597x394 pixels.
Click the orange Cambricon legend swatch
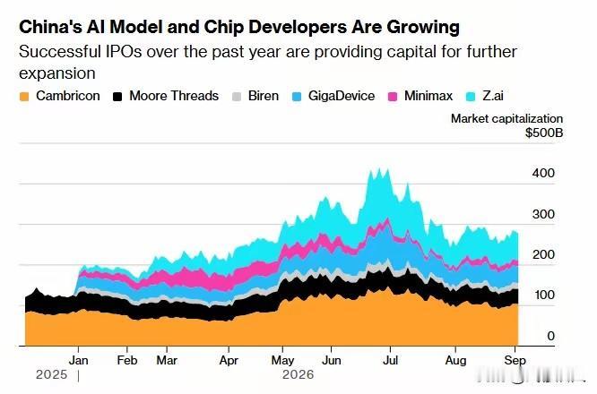24,97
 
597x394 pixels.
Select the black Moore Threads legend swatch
117,97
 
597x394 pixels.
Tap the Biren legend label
263,96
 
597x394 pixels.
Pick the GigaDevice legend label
342,96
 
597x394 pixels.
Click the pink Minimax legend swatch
393,97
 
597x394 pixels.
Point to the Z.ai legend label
493,96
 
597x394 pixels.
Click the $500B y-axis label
544,133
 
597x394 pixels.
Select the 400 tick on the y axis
543,173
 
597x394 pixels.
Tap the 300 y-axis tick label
543,214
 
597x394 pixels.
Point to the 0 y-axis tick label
550,336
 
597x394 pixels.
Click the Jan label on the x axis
78,360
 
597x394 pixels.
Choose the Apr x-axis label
229,360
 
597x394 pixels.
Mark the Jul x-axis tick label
390,360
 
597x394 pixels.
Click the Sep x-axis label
515,360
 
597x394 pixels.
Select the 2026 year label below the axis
298,374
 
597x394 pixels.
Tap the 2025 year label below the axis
51,374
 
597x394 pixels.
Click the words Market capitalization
506,119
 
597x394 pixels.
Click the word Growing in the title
423,27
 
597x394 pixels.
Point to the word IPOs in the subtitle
123,52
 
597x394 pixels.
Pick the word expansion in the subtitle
57,73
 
